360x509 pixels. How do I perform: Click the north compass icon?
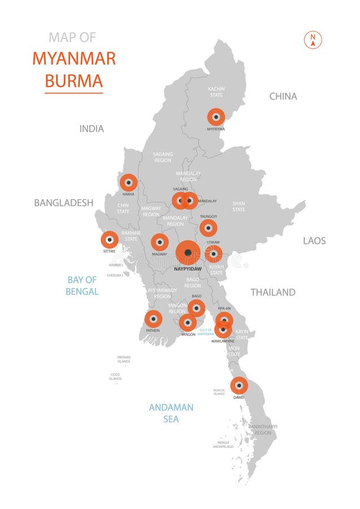(313, 40)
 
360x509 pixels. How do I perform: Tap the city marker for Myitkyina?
(216, 117)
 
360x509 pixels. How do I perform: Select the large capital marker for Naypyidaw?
(188, 253)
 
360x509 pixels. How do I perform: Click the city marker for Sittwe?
(110, 240)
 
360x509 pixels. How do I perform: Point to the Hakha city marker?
(128, 183)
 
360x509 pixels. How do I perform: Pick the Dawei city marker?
(239, 386)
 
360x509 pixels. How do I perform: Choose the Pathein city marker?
(153, 319)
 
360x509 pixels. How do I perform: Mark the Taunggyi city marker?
(208, 228)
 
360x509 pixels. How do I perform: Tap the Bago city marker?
(197, 308)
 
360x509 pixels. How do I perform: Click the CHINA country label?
(283, 96)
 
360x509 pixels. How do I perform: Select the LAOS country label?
(314, 240)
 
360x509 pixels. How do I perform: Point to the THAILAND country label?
(273, 292)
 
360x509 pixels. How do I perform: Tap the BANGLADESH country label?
(63, 202)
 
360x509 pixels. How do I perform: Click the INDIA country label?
(92, 129)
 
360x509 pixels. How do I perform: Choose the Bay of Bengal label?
(83, 286)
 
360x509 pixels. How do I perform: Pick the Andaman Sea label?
(171, 413)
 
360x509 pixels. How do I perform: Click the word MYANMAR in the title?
(74, 58)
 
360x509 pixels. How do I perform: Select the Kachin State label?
(216, 92)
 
